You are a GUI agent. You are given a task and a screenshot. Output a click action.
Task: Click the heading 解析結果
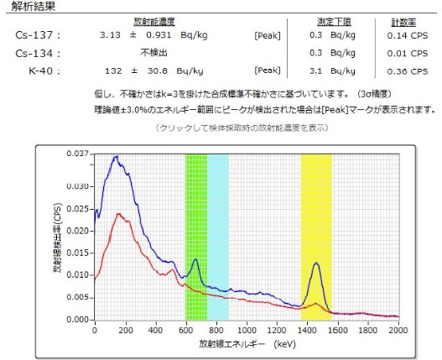(x=34, y=6)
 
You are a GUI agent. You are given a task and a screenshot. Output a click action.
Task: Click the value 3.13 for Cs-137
(x=110, y=35)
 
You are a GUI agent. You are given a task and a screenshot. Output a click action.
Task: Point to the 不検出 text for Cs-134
(x=154, y=53)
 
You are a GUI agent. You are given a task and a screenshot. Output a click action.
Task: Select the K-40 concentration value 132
(x=113, y=70)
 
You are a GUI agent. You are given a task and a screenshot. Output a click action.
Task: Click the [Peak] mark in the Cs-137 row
(x=268, y=35)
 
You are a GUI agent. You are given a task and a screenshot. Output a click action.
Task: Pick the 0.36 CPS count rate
(x=408, y=71)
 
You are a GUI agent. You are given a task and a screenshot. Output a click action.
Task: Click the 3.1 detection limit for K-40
(x=315, y=70)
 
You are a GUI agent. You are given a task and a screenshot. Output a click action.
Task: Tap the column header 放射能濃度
(x=154, y=22)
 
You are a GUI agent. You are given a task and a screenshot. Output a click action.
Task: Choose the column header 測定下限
(x=335, y=22)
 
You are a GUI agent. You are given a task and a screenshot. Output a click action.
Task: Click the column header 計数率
(x=403, y=23)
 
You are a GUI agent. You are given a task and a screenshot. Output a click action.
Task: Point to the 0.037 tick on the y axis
(x=77, y=154)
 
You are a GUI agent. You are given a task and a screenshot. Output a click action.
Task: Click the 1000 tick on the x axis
(x=247, y=330)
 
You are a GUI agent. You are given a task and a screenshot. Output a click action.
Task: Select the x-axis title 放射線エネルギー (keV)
(x=247, y=344)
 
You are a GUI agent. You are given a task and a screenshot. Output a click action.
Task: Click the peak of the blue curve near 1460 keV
(x=316, y=263)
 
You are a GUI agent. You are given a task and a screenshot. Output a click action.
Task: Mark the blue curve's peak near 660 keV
(x=195, y=259)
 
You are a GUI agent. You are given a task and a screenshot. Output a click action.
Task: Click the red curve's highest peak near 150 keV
(x=118, y=214)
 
